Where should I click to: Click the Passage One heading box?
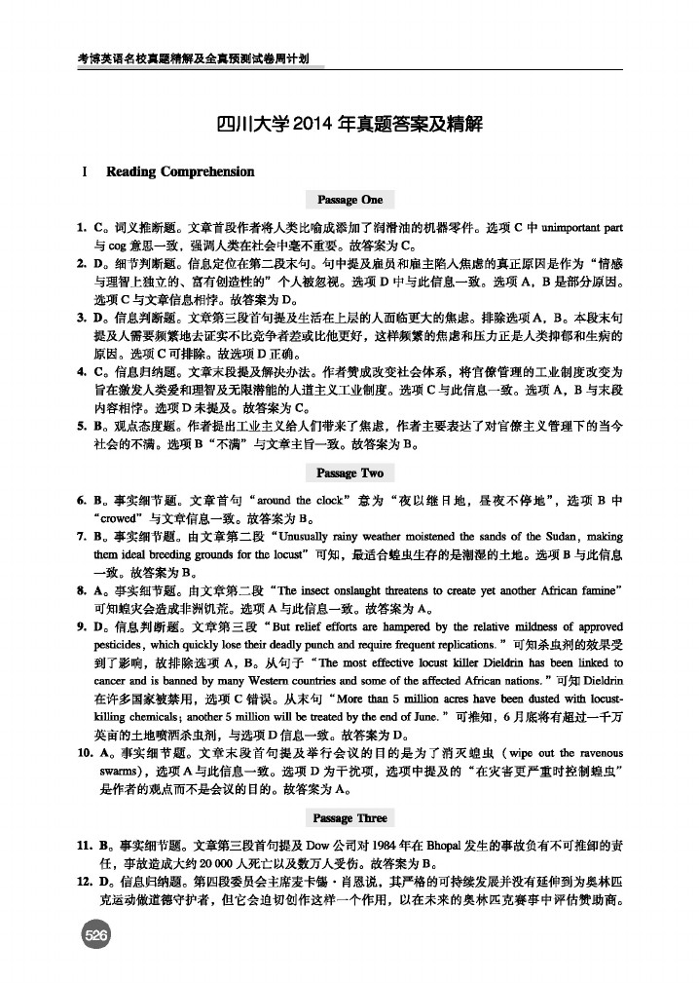click(349, 200)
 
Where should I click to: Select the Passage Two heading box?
click(349, 473)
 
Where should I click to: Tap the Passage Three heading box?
click(349, 817)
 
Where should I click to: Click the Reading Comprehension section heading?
click(180, 171)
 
